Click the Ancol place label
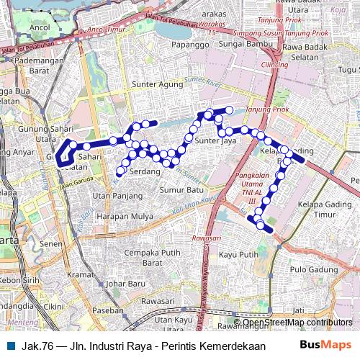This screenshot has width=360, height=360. (40, 27)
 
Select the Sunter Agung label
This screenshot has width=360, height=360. (153, 84)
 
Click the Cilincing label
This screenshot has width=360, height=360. (274, 65)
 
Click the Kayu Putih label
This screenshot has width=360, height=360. (238, 254)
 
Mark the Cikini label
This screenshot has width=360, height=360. (53, 306)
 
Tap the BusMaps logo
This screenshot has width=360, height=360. (325, 346)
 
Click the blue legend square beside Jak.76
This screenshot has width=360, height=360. (10, 346)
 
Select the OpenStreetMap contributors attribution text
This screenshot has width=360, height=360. (297, 323)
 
